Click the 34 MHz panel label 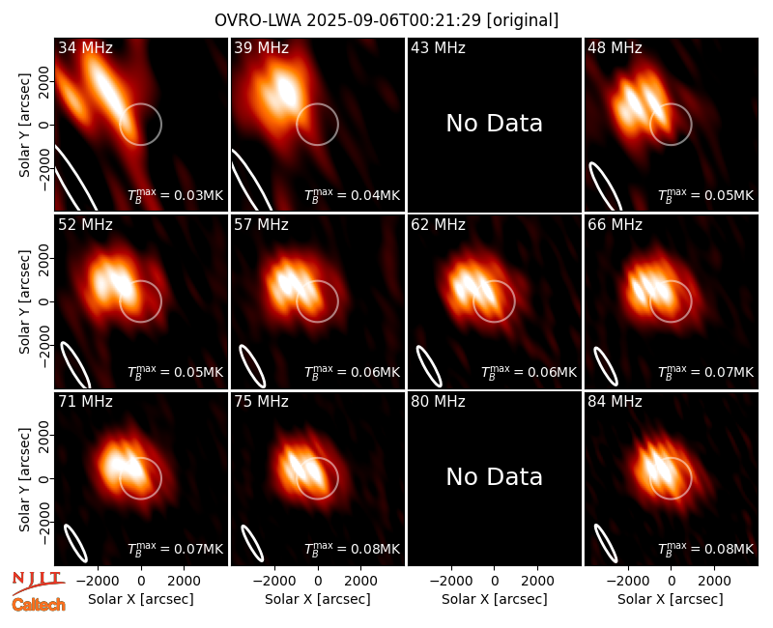tap(85, 47)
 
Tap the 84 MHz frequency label tap(615, 402)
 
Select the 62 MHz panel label tap(438, 225)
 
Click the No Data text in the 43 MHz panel tap(495, 124)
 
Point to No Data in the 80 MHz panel tap(495, 476)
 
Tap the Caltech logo tap(39, 605)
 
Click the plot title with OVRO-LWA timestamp tap(386, 20)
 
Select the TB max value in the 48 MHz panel tap(706, 195)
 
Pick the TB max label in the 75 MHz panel tap(352, 548)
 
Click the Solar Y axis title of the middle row tap(24, 301)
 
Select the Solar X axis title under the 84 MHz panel tap(671, 599)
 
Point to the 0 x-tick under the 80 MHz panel tap(495, 582)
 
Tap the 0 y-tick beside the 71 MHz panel tap(44, 478)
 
